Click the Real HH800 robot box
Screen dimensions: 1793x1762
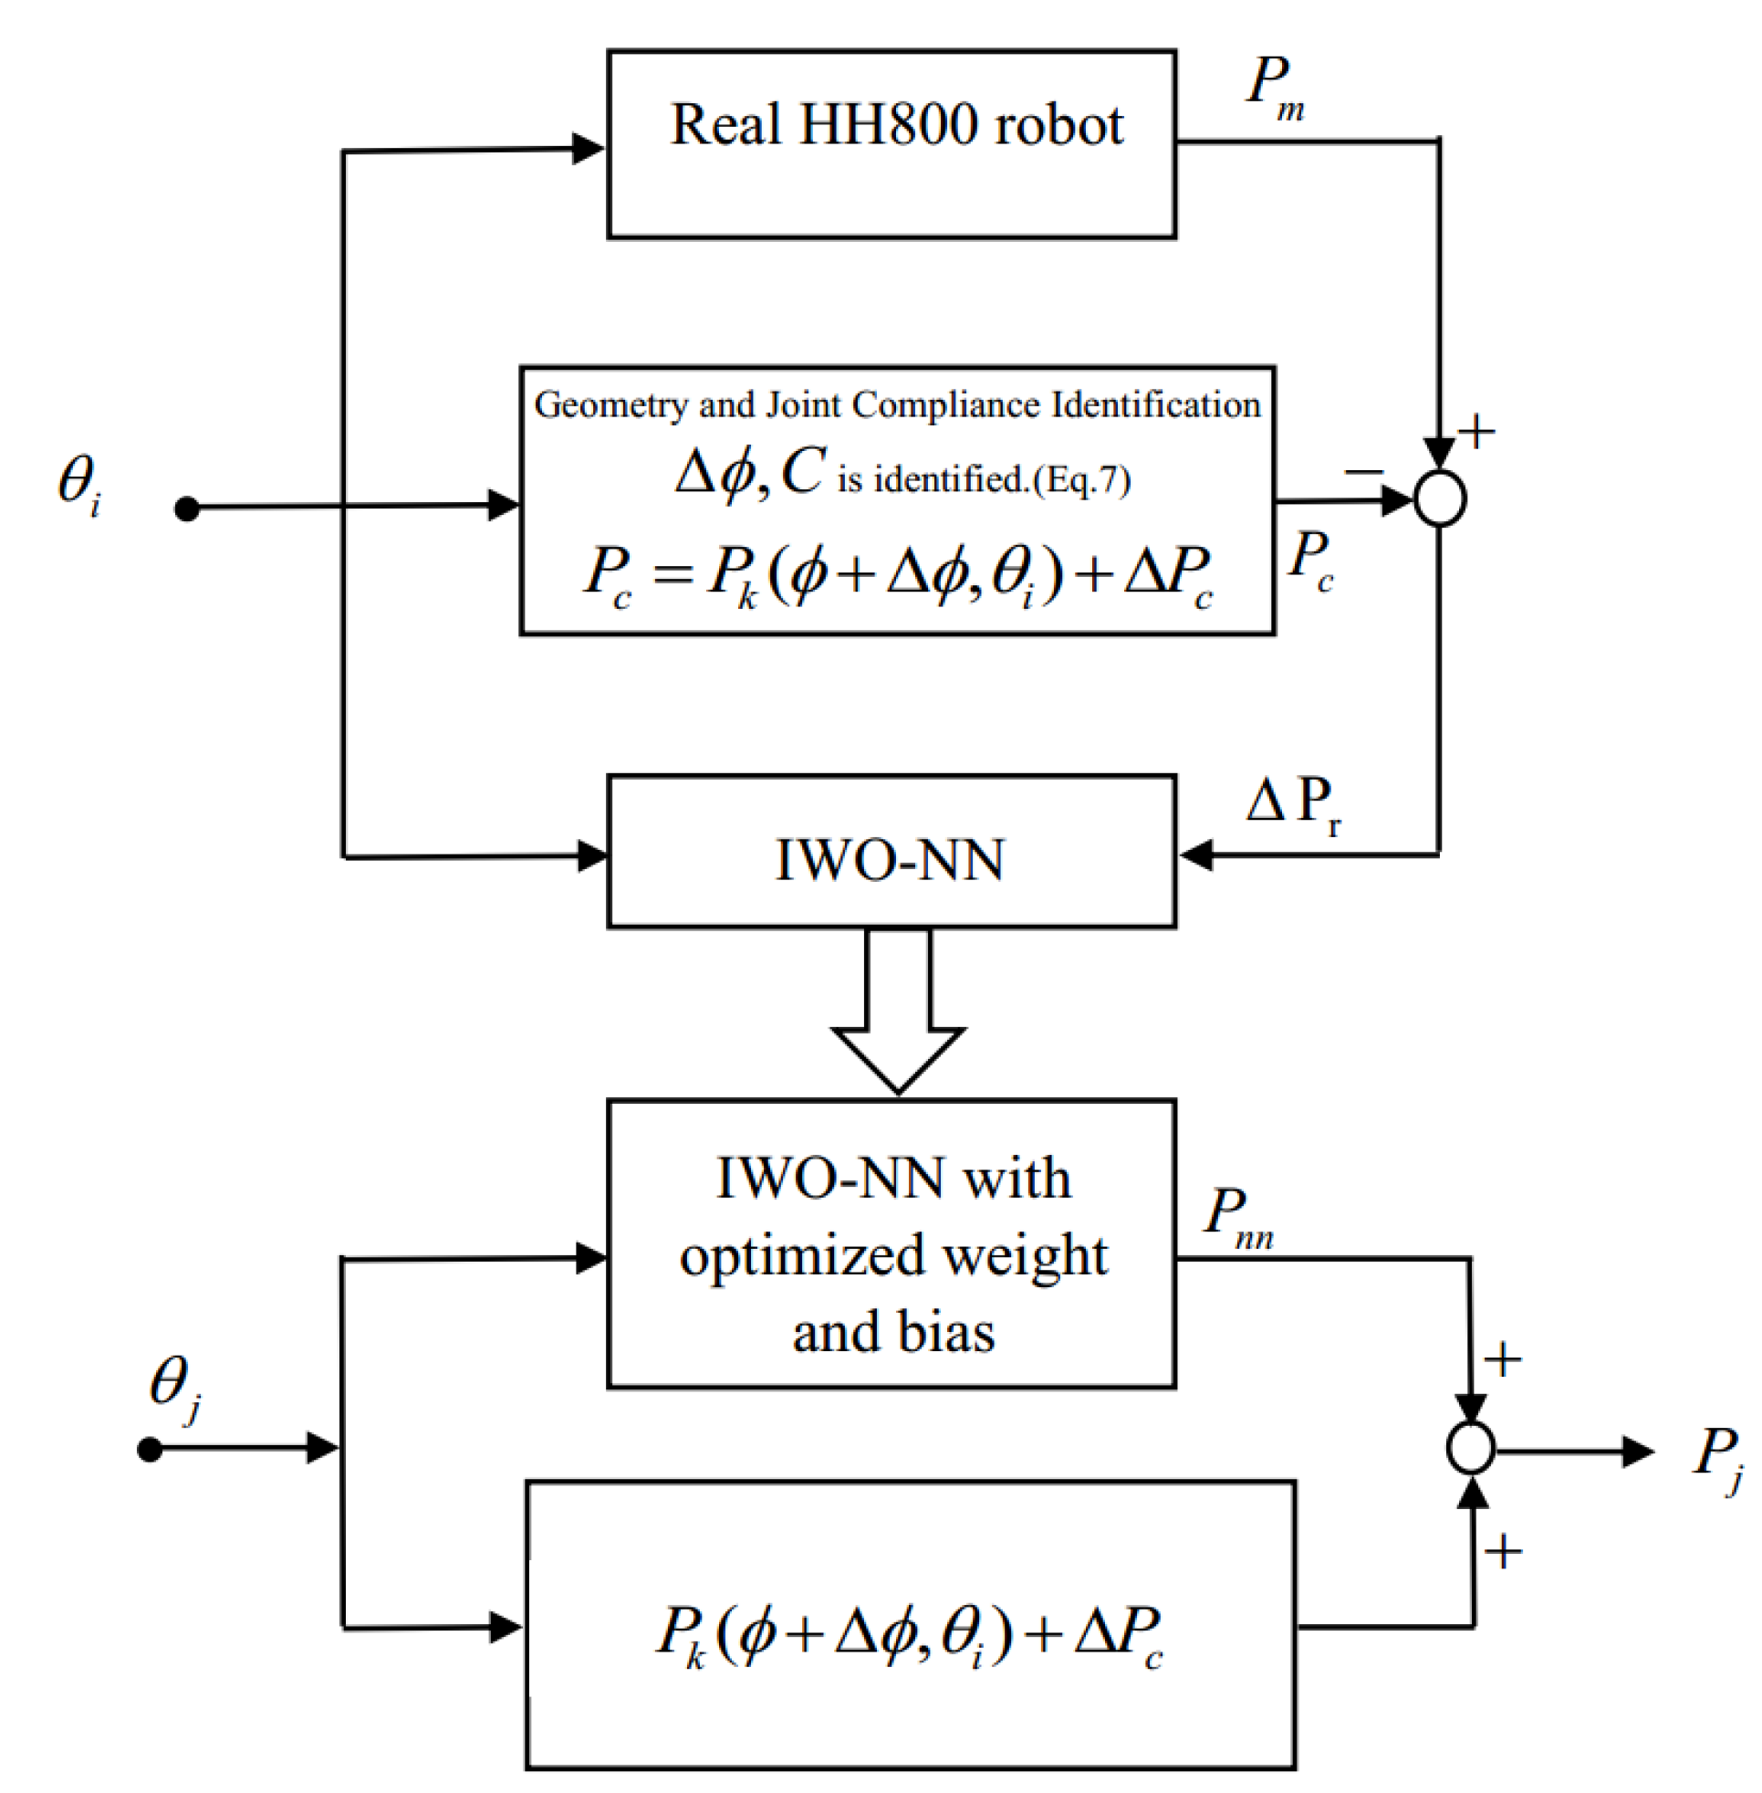(x=891, y=144)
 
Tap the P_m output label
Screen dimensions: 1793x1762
(x=1276, y=88)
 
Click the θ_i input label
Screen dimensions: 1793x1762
(x=79, y=485)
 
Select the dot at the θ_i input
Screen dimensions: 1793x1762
(x=187, y=509)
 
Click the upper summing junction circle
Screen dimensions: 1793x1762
(x=1440, y=499)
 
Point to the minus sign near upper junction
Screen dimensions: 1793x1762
(x=1362, y=473)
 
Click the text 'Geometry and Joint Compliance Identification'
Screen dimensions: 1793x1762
(x=897, y=405)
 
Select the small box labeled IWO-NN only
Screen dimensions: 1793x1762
(x=891, y=858)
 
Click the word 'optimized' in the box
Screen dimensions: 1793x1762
(x=801, y=1257)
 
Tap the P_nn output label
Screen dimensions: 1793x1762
(x=1237, y=1216)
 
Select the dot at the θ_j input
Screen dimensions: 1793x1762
(x=150, y=1449)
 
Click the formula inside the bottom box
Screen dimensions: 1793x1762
(x=909, y=1635)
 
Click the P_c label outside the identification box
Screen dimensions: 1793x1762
(x=1310, y=560)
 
